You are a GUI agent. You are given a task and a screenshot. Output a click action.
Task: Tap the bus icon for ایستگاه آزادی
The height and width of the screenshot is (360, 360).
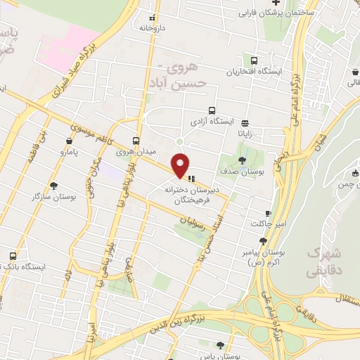click(212, 110)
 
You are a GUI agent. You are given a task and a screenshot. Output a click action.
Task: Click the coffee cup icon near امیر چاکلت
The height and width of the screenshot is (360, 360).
click(267, 213)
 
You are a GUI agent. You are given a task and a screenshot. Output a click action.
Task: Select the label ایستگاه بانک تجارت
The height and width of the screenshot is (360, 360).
click(34, 267)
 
